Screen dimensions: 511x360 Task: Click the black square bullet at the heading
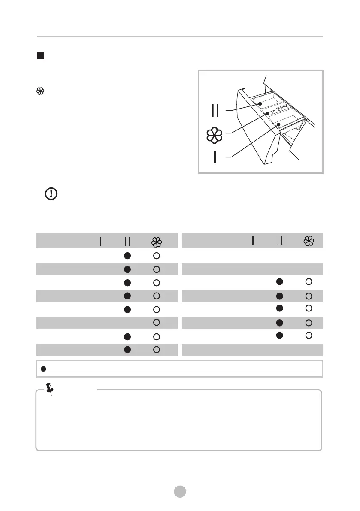click(40, 56)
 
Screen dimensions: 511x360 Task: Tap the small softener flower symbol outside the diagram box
click(40, 91)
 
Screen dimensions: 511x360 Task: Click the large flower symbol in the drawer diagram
click(215, 135)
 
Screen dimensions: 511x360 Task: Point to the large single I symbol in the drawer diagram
click(215, 157)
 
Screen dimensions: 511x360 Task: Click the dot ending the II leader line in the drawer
click(260, 104)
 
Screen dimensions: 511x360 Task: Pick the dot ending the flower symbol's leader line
click(267, 114)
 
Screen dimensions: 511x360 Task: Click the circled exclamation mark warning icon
click(51, 194)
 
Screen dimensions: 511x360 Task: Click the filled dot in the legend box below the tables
click(43, 369)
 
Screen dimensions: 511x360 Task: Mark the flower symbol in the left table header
click(157, 242)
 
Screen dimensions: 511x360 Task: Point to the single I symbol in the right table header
click(253, 241)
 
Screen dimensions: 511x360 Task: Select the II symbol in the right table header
click(280, 241)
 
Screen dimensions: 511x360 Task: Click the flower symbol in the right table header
click(309, 241)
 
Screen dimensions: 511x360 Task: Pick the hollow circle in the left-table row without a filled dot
click(157, 322)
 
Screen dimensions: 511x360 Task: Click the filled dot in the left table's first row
click(127, 255)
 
